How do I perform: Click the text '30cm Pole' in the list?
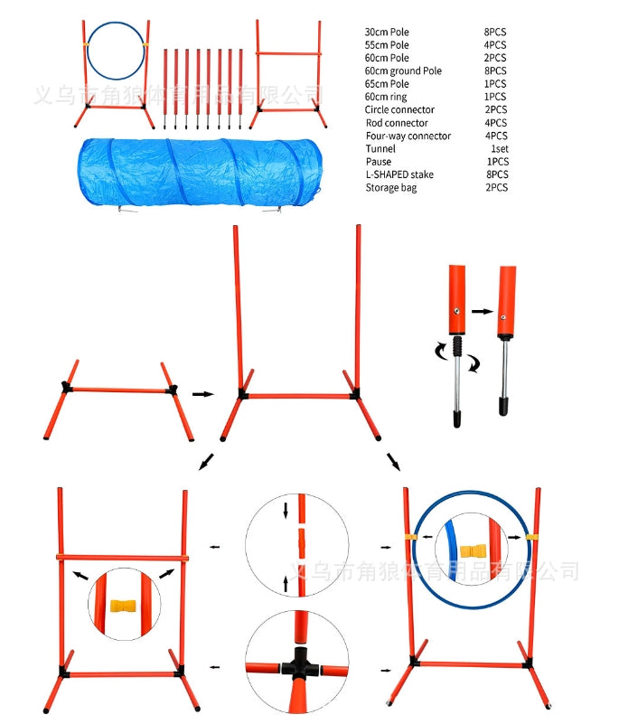point(387,32)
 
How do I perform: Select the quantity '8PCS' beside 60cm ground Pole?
point(494,71)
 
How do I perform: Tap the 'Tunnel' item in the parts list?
point(380,148)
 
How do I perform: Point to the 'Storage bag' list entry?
point(390,188)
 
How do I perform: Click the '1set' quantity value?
point(498,148)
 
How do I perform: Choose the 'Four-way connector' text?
point(408,136)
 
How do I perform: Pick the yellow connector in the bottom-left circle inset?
point(125,606)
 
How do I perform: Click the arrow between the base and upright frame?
point(202,393)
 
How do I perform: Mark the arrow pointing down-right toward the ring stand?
point(394,461)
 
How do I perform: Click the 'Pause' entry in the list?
point(379,162)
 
